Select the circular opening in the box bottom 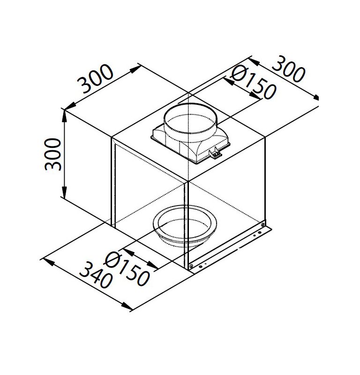[x=187, y=226]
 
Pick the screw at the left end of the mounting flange [x=191, y=267]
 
